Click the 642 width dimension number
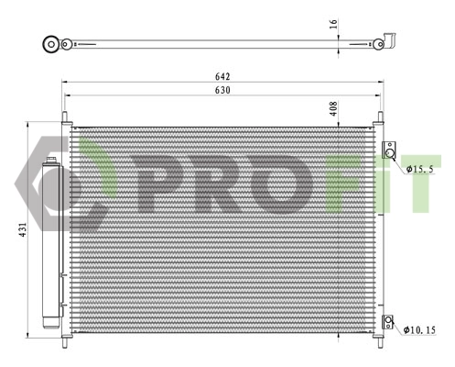(x=222, y=76)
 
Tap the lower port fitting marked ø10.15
(x=389, y=322)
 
